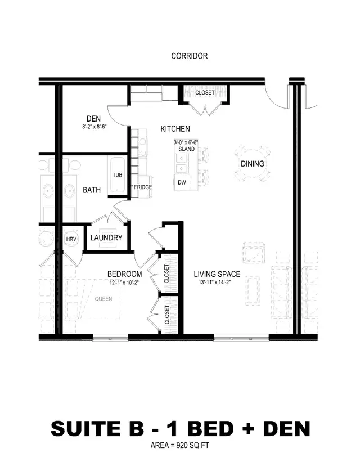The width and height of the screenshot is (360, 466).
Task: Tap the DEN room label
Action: pos(93,118)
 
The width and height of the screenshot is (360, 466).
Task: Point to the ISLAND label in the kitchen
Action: pos(186,149)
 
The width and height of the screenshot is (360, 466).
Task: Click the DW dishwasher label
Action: pos(182,183)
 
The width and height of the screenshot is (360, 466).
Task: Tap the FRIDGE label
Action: pos(142,187)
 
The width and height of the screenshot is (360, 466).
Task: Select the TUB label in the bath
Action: pos(117,175)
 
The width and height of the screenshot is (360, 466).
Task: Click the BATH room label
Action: pos(92,190)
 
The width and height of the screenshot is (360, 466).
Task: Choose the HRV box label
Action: pos(71,239)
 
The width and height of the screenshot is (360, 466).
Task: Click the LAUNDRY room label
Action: pos(106,238)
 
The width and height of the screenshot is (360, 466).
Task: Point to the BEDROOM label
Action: pos(124,274)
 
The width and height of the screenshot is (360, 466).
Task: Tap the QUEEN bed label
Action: pos(103,299)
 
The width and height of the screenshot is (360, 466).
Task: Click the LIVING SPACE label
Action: pos(217,274)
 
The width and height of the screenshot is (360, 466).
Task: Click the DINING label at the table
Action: pos(253,164)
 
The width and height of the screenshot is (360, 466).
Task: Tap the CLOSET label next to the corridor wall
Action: pos(205,92)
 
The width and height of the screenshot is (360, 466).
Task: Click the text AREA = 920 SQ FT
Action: pos(180,445)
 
